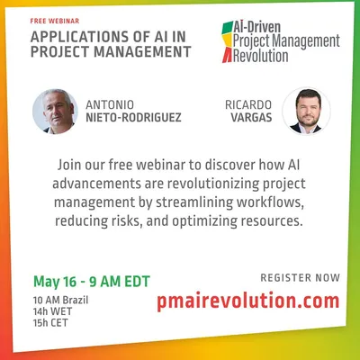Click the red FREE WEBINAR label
pos(55,21)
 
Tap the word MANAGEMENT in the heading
pos(142,51)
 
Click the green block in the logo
pos(228,28)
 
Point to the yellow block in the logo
pos(228,40)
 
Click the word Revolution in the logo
pos(261,56)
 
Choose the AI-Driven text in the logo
pos(257,28)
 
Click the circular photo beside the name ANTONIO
pos(55,112)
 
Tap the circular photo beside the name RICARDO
pos(306,111)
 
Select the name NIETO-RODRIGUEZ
pos(133,118)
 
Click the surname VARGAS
pos(251,118)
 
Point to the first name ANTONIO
pos(110,105)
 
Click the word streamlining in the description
pos(194,202)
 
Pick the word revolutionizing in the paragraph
pos(213,184)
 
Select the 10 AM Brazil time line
pos(60,300)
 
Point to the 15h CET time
pos(50,323)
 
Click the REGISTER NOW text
pos(300,278)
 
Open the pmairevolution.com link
pos(248,301)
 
